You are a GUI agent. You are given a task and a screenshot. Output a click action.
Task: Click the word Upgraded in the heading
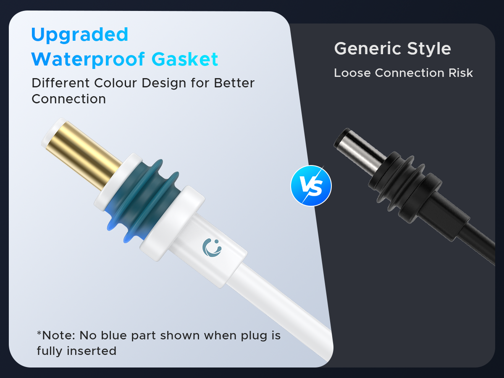[x=79, y=35]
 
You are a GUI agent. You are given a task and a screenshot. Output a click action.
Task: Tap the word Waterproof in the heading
[x=88, y=60]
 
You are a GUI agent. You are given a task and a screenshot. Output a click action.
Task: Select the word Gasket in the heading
[x=185, y=59]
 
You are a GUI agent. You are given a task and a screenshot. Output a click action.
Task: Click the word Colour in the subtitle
[x=115, y=83]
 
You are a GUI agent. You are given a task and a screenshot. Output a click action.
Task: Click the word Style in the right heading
[x=429, y=49]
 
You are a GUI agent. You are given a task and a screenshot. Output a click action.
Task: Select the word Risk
[x=461, y=73]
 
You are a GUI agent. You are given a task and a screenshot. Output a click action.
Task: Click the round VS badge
[x=311, y=186]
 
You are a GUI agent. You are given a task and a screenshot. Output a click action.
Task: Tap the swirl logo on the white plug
[x=212, y=248]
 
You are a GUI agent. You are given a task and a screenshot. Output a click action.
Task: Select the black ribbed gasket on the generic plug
[x=405, y=187]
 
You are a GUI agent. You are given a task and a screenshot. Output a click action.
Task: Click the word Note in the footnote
[x=58, y=335]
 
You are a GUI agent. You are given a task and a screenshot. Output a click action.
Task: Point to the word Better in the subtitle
[x=234, y=83]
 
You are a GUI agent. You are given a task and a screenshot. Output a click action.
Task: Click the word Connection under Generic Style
[x=409, y=73]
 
